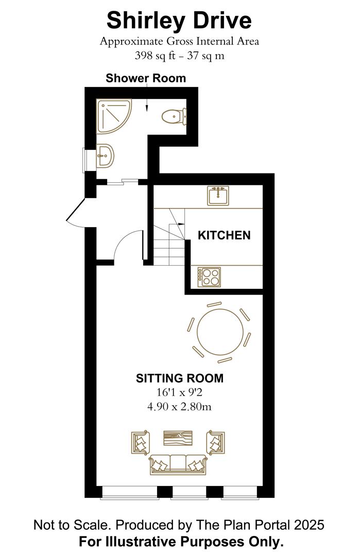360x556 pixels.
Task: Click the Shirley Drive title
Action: tap(179, 21)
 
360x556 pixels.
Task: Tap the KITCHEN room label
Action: tap(225, 235)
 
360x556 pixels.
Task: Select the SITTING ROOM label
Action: tap(180, 378)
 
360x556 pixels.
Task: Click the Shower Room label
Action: tap(146, 78)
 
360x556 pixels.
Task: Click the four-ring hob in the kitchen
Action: tap(209, 277)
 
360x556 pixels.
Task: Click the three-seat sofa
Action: tap(178, 464)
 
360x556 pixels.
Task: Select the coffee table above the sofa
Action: tap(178, 438)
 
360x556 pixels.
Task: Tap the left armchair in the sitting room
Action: tap(140, 442)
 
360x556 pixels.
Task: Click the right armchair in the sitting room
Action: tap(216, 442)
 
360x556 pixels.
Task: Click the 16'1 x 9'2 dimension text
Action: tap(180, 393)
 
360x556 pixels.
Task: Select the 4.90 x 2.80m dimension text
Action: tap(180, 407)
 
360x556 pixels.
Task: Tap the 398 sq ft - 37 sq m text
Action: tap(179, 56)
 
